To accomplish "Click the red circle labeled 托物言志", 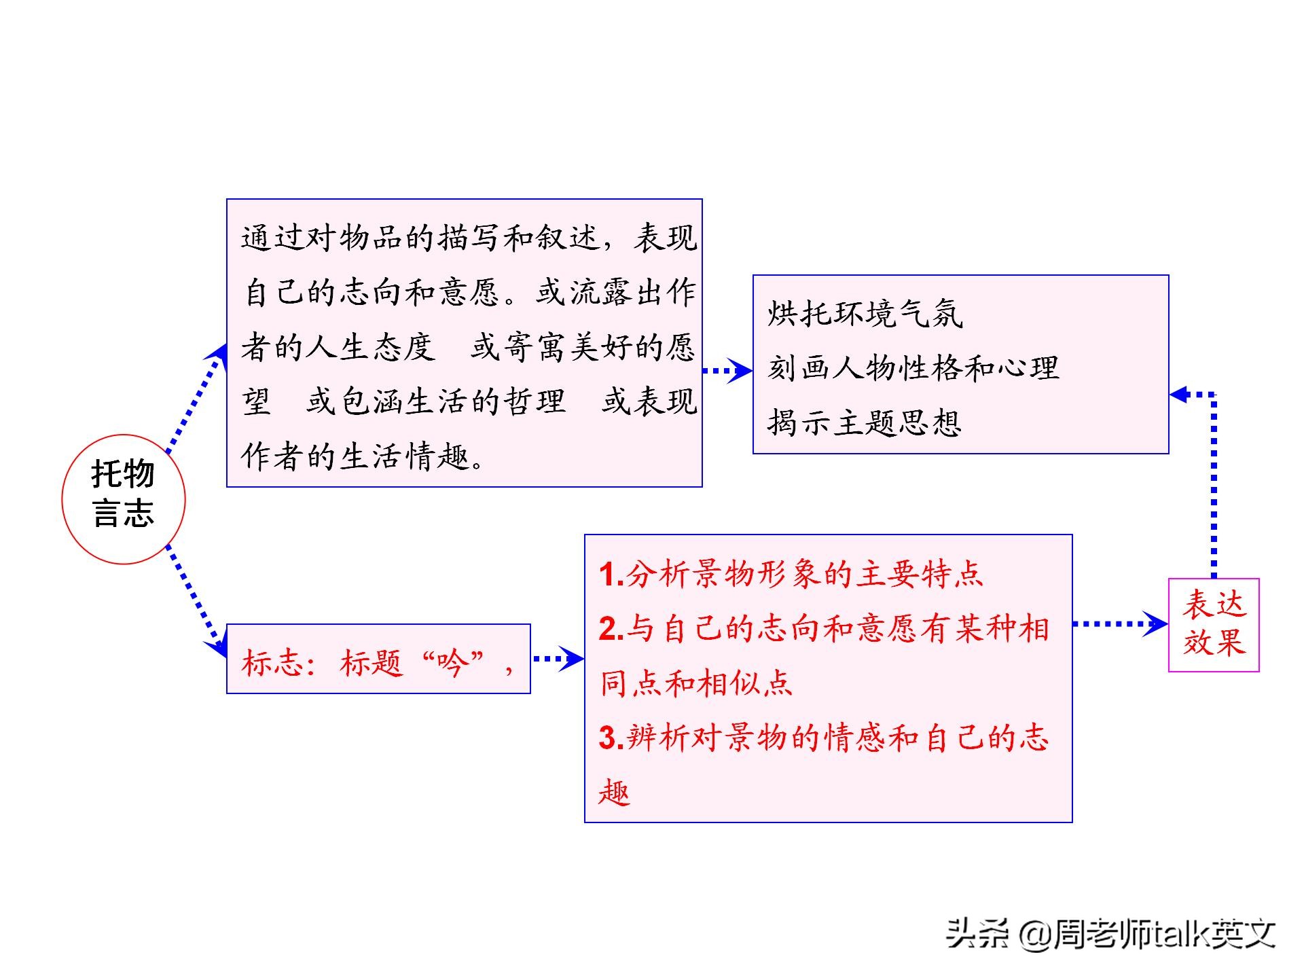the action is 124,499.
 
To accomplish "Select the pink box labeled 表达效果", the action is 1214,625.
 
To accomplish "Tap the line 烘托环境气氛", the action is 865,314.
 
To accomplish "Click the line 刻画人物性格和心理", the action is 913,368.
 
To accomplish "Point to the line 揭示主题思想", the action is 865,422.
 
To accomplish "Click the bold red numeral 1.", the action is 611,575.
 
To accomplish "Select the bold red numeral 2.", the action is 611,629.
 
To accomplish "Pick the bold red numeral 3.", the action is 611,738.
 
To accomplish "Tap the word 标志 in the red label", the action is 272,662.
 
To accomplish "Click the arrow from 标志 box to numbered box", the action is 558,658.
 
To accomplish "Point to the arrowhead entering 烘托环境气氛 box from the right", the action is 1179,394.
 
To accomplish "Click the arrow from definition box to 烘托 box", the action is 727,371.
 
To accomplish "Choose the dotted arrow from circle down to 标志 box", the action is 197,600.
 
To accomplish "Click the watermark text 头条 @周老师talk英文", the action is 1112,933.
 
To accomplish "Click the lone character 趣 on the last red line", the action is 615,791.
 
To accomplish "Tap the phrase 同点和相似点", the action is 696,683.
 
